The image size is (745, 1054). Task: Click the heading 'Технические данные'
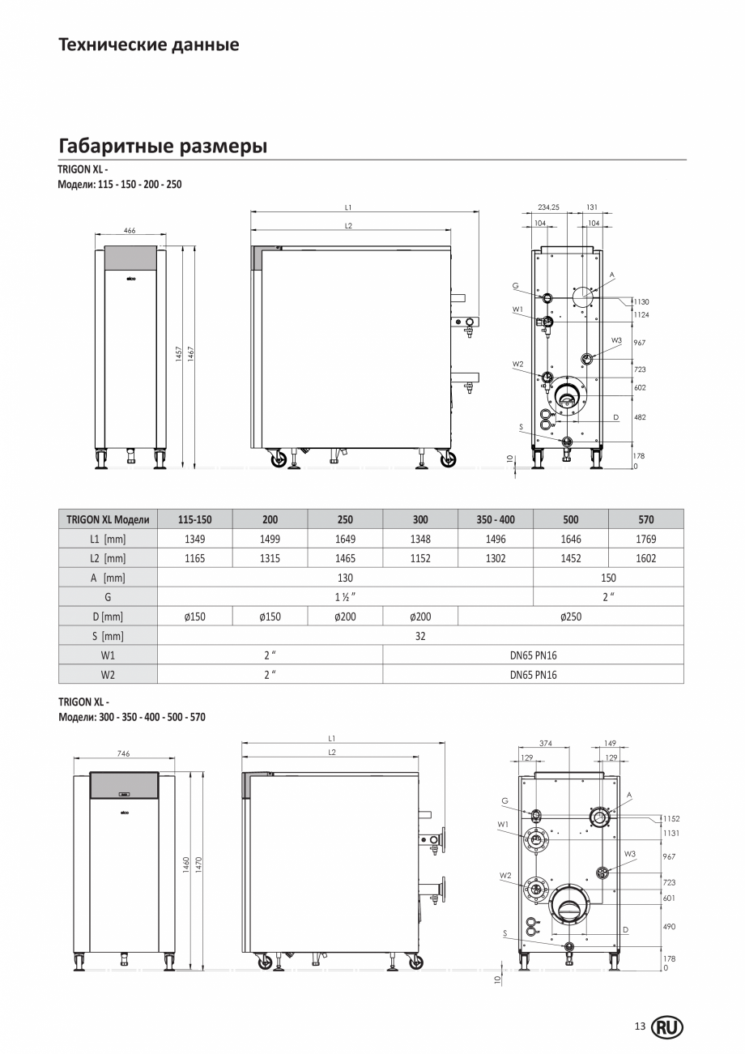[x=149, y=45]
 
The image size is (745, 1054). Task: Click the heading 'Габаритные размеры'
[x=163, y=147]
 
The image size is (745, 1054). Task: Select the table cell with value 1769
[x=645, y=539]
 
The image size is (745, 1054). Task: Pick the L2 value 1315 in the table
[x=270, y=558]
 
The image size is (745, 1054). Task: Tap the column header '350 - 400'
[x=495, y=519]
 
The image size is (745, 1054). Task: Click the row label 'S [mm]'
[x=108, y=636]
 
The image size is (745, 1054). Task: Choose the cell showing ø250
[x=570, y=617]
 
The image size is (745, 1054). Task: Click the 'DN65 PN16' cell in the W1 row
[x=533, y=655]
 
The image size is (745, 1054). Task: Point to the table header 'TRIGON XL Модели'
[x=108, y=519]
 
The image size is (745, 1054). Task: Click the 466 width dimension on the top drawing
[x=130, y=231]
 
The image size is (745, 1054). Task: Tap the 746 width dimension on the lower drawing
[x=123, y=753]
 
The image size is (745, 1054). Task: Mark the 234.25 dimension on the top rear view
[x=548, y=207]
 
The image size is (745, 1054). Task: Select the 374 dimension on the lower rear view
[x=546, y=742]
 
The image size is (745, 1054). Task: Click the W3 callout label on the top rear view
[x=616, y=340]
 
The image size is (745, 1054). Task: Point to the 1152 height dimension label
[x=670, y=819]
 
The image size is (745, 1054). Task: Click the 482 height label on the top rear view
[x=640, y=417]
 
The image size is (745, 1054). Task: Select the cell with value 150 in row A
[x=608, y=578]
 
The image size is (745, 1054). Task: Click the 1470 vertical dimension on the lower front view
[x=198, y=864]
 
